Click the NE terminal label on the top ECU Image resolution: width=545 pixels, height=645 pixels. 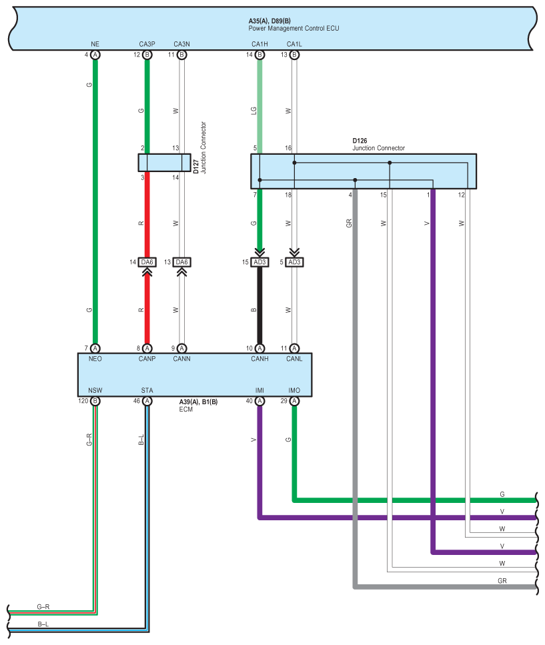tap(95, 44)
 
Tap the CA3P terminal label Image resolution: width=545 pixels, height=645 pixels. tap(147, 44)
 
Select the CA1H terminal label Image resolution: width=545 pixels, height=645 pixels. tap(259, 44)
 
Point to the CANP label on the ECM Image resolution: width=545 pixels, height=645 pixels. tap(147, 358)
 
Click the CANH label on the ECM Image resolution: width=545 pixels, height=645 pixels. tap(259, 358)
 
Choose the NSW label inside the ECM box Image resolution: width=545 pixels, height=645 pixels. tap(95, 390)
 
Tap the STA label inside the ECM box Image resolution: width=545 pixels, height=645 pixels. tap(147, 390)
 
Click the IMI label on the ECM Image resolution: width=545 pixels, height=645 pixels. tap(259, 390)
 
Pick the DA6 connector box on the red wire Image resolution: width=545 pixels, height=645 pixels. tap(147, 262)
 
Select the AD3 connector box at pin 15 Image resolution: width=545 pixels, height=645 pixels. tap(259, 262)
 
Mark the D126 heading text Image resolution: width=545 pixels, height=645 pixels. tap(360, 141)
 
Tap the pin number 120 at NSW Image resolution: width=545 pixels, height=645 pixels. tap(83, 402)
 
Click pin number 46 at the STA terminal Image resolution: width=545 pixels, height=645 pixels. tap(137, 402)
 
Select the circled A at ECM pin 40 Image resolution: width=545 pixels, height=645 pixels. tap(259, 401)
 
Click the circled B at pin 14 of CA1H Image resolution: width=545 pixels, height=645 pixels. tap(259, 55)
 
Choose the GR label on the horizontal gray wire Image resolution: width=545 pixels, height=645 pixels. tap(502, 581)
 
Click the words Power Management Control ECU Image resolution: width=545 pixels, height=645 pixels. tap(294, 29)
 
